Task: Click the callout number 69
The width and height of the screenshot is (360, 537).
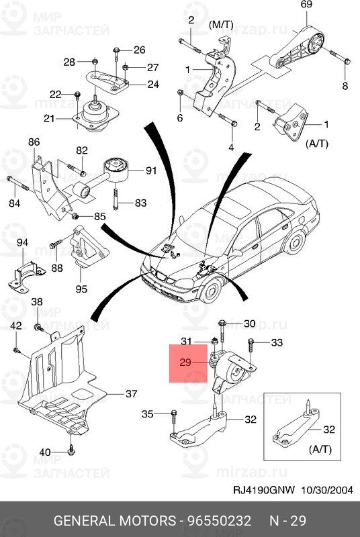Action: coord(306,5)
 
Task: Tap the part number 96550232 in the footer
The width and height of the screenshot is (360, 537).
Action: coord(219,521)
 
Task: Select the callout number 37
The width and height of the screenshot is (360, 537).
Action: coord(131,394)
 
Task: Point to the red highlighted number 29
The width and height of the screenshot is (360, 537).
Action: coord(185,362)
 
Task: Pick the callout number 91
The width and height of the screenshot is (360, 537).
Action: coord(150,170)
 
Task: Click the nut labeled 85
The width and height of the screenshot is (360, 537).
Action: coord(76,215)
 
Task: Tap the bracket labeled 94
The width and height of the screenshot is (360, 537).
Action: coord(26,276)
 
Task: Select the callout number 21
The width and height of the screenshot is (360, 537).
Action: coord(49,119)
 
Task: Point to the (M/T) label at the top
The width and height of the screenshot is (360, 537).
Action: coord(220,25)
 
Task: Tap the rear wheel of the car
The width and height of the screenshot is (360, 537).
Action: coord(296,242)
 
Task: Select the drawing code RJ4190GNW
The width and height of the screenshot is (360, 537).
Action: coord(264,491)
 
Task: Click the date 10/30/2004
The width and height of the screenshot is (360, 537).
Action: coord(327,491)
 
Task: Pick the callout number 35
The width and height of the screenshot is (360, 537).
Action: coord(148,414)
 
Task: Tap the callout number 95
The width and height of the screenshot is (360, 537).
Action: coord(81,289)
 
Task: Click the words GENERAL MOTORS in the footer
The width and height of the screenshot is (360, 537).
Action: coord(115,521)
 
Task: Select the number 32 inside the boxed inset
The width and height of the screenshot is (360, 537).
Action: coord(329,430)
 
